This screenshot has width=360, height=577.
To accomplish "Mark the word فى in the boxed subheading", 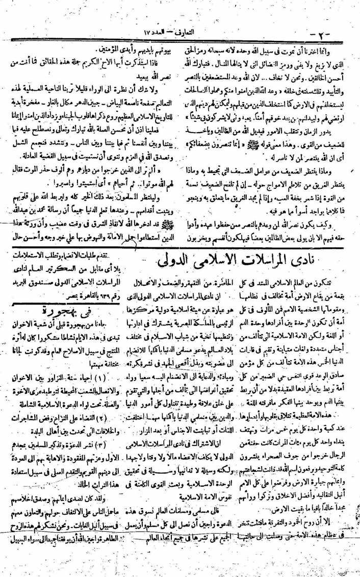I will coord(77,296).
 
